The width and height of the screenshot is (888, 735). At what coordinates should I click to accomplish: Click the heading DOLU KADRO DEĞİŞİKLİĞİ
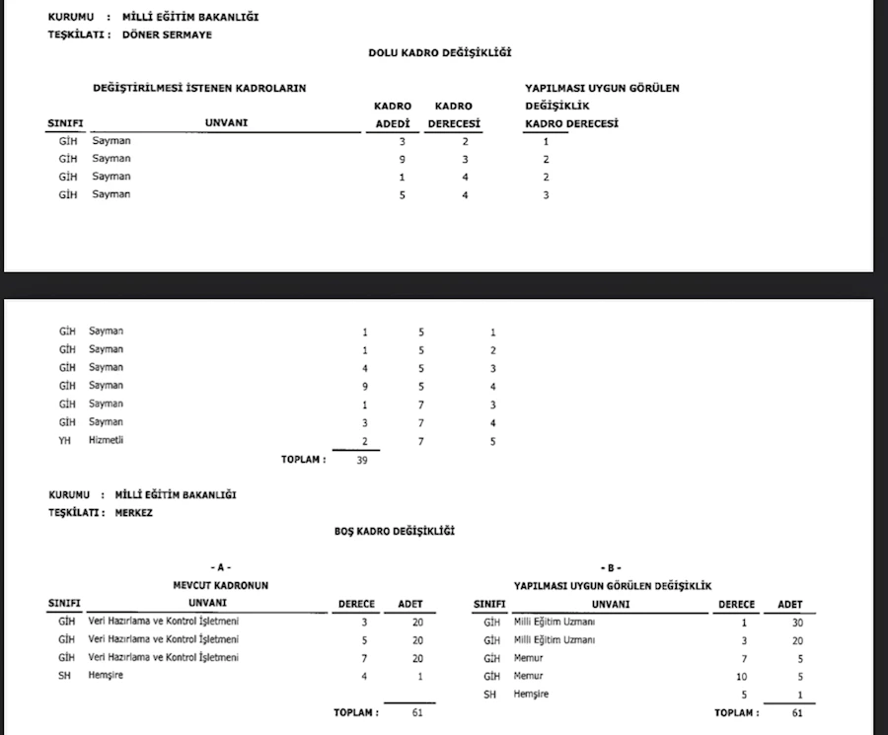tap(439, 52)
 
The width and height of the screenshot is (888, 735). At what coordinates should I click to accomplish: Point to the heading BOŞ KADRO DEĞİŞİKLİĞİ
tap(395, 532)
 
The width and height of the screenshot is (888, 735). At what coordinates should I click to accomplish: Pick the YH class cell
tap(66, 440)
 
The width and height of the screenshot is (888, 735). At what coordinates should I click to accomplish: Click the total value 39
tap(361, 460)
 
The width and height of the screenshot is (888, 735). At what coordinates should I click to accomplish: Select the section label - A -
tap(220, 568)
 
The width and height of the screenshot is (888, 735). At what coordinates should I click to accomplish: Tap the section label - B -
tap(612, 568)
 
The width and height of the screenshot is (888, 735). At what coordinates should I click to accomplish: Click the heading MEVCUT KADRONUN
tap(221, 586)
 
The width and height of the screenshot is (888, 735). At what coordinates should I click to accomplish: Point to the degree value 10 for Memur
tap(741, 677)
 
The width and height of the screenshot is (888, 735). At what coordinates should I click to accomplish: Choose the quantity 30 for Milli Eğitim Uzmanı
tap(798, 623)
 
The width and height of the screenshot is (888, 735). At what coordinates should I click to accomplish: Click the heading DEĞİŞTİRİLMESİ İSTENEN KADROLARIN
tap(199, 88)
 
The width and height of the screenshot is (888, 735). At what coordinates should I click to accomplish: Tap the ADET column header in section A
tap(409, 604)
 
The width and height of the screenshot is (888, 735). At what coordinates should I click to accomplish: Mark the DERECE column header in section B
tap(736, 604)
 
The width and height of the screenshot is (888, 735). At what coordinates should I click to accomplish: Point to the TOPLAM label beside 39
tap(303, 460)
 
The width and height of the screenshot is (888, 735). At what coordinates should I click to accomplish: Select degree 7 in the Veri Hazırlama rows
tap(364, 658)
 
